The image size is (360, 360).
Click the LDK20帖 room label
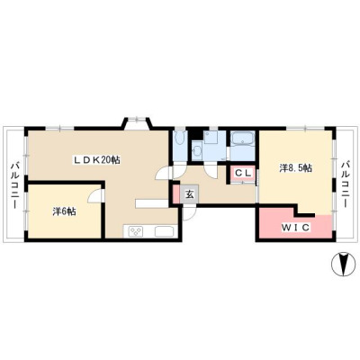[x=97, y=160]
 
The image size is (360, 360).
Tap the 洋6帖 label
[x=64, y=212]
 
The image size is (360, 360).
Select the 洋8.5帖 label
[x=295, y=168]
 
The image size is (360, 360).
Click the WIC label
[x=295, y=228]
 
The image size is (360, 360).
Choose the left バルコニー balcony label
[x=14, y=186]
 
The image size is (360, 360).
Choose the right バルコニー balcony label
[x=346, y=185]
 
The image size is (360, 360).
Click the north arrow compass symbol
[x=341, y=264]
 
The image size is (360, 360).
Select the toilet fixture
[x=180, y=139]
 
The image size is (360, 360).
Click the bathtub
[x=242, y=139]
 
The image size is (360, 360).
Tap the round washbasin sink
[x=197, y=151]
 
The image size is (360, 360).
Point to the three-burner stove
[x=136, y=232]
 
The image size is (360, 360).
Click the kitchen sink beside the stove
[x=164, y=232]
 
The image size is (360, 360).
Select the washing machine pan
[x=211, y=138]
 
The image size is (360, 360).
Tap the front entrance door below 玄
[x=189, y=213]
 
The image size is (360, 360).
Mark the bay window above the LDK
[x=137, y=122]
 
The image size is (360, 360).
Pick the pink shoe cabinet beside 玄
[x=176, y=195]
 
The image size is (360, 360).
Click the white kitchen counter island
[x=151, y=203]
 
